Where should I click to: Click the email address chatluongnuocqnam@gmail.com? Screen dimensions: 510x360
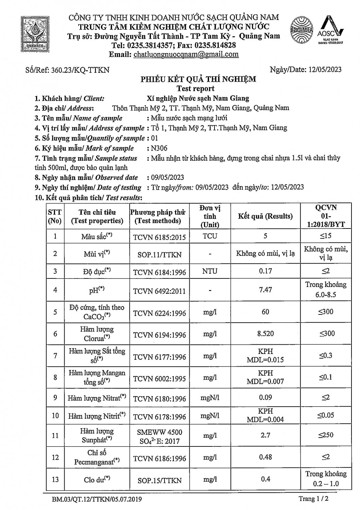186,54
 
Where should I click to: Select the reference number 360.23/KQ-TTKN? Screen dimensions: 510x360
80,70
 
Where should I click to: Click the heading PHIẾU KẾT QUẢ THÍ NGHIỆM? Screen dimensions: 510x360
199,80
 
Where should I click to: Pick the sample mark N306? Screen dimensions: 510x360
159,148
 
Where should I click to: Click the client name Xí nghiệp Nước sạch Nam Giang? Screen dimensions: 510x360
198,99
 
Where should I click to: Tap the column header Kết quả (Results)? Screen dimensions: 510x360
265,216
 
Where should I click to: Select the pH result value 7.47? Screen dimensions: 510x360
265,290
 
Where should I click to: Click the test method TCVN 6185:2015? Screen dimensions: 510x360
159,237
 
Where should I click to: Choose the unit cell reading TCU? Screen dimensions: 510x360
210,236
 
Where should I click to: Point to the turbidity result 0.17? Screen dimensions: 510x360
265,271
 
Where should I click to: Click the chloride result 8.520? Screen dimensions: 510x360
265,334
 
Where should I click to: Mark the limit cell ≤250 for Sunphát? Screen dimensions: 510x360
326,435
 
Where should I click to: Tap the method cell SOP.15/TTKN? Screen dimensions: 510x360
159,480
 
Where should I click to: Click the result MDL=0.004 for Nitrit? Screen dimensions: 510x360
265,420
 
